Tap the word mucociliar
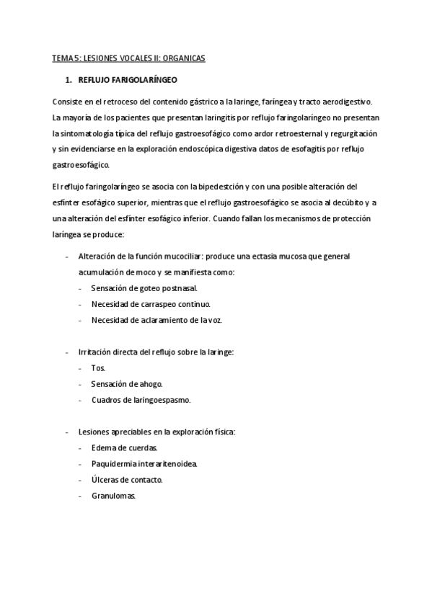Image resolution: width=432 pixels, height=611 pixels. click(180, 257)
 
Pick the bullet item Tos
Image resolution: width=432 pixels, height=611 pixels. click(98, 368)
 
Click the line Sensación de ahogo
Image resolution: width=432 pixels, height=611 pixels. click(127, 384)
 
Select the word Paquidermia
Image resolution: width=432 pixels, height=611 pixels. click(114, 464)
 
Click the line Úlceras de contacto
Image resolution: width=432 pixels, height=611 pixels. click(127, 480)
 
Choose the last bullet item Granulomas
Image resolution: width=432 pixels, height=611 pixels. click(114, 496)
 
